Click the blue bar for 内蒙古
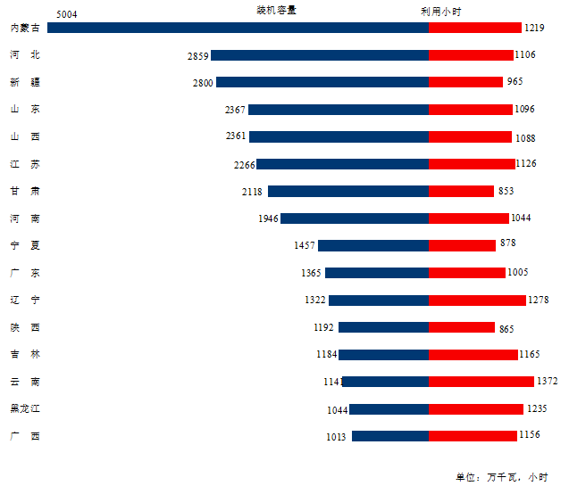(x=238, y=28)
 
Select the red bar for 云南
(x=481, y=382)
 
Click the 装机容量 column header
(x=277, y=11)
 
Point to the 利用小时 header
(x=441, y=11)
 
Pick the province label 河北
(x=25, y=54)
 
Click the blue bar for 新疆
(x=322, y=82)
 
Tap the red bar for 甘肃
(x=461, y=191)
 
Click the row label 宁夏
(x=25, y=245)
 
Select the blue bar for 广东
(x=377, y=273)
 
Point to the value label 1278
(x=540, y=301)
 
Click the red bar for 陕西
(x=462, y=327)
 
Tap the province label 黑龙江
(x=25, y=409)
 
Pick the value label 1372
(x=547, y=382)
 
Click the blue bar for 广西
(x=390, y=436)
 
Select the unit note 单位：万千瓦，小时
(x=501, y=477)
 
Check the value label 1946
(x=268, y=218)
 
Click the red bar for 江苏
(x=472, y=164)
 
